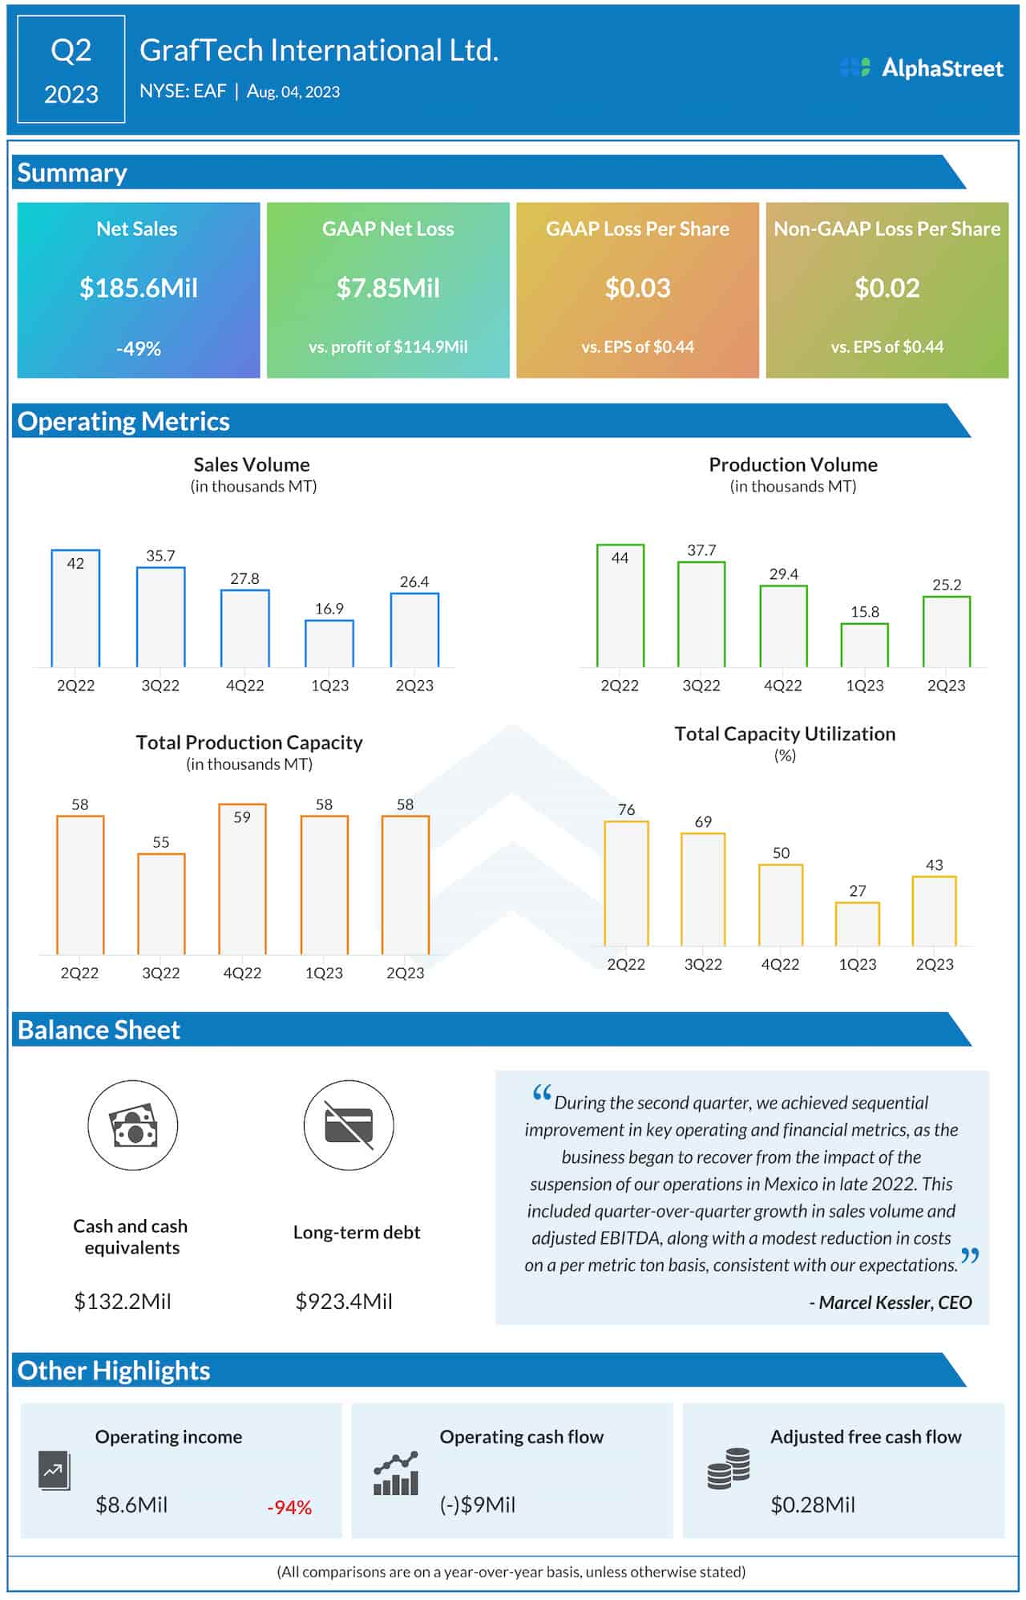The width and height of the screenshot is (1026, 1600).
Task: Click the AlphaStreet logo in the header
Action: [922, 68]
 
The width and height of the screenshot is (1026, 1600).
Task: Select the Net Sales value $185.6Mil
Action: [139, 288]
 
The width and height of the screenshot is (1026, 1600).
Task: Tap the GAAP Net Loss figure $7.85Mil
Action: [388, 288]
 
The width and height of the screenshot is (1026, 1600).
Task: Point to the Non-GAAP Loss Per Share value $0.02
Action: [887, 288]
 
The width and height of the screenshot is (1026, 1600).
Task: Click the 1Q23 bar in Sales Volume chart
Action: [329, 643]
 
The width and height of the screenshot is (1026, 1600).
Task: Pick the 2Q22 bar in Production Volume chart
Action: [620, 606]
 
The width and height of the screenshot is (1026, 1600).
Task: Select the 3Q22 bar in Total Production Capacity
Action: [161, 904]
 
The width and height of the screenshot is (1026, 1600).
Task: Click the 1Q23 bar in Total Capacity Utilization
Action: [858, 925]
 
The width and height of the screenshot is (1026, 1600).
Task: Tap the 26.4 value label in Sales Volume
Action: [414, 581]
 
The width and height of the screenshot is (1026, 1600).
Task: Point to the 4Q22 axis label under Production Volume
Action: [783, 686]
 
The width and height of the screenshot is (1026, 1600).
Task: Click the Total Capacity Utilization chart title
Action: [785, 734]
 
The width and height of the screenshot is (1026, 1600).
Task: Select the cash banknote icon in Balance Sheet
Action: [133, 1125]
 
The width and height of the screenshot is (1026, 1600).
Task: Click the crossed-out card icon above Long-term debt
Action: [349, 1125]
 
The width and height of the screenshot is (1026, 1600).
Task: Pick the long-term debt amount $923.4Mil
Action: [344, 1301]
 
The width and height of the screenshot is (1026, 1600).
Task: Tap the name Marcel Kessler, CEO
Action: [895, 1302]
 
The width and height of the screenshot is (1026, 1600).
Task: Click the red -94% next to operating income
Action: [289, 1508]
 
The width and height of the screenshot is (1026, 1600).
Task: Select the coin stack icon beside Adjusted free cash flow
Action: [729, 1468]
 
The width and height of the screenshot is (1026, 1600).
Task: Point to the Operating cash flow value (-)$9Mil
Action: [478, 1505]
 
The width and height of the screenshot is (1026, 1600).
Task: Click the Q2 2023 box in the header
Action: [71, 70]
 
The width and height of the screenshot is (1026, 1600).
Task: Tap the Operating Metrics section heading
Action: [123, 422]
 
